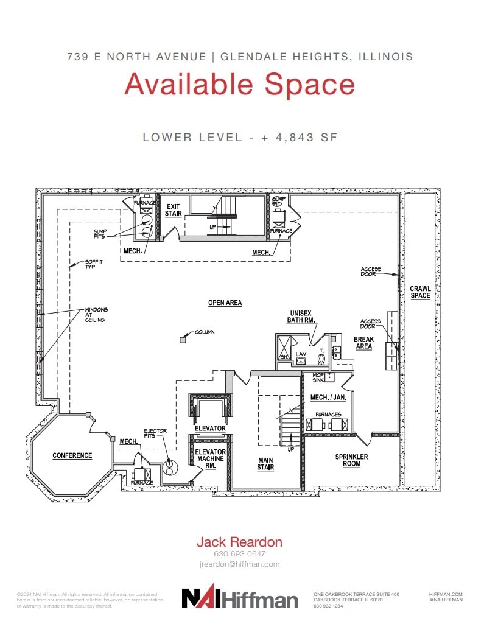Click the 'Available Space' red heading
(239, 84)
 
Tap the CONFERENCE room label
(72, 455)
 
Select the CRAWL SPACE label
(419, 292)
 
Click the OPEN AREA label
(225, 303)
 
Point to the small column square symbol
(182, 340)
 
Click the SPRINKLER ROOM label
(351, 460)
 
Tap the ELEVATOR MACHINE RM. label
(210, 459)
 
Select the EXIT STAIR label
(174, 210)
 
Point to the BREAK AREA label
(363, 343)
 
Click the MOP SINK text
(318, 377)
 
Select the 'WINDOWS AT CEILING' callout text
(95, 315)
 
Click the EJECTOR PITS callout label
(155, 434)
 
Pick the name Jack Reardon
(239, 541)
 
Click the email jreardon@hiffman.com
(239, 564)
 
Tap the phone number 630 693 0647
(239, 554)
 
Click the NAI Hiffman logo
(240, 598)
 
